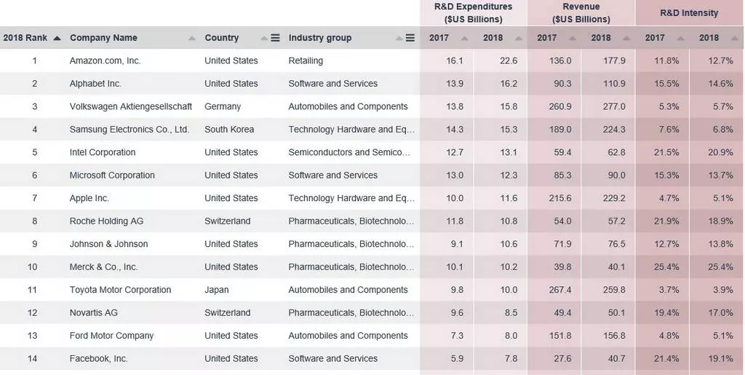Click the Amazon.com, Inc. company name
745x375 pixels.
(x=105, y=60)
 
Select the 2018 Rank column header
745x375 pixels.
(x=25, y=38)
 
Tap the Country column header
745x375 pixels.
(x=222, y=38)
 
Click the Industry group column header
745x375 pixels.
(x=320, y=38)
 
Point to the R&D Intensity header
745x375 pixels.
(x=689, y=13)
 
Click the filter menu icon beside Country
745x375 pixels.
(x=275, y=38)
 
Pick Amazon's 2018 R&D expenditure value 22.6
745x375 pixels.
(x=509, y=60)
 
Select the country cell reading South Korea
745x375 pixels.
(x=229, y=130)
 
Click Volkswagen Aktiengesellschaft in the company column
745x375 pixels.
(x=131, y=106)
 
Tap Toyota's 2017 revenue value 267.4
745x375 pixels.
(x=562, y=290)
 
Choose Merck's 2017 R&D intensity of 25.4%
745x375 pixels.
(x=666, y=267)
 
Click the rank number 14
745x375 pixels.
(x=32, y=358)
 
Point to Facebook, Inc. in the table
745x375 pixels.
(x=98, y=358)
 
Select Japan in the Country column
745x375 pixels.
(x=217, y=290)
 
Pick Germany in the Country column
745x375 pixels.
(x=223, y=106)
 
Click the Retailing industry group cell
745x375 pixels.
(x=306, y=60)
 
